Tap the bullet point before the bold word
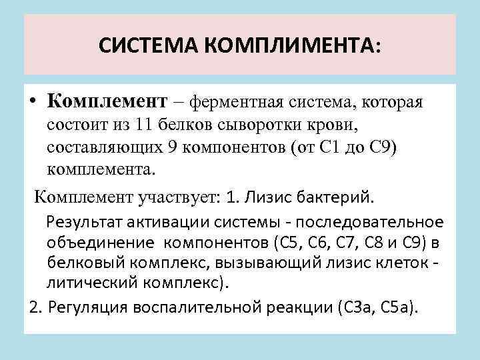click(x=33, y=103)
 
